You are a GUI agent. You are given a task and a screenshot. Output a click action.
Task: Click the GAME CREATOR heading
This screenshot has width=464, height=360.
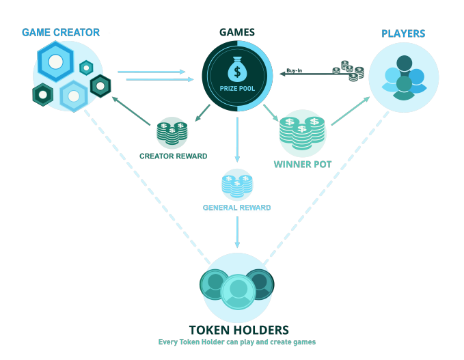coord(61,32)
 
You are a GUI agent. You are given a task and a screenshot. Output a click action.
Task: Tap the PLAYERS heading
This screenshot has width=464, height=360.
coord(403,33)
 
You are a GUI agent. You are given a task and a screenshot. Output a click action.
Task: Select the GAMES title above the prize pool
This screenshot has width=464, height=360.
coord(237,32)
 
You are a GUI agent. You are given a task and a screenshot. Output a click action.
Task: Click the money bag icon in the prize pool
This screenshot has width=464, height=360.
coord(237,70)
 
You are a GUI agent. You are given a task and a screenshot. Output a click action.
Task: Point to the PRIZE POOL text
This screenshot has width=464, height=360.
coord(237,88)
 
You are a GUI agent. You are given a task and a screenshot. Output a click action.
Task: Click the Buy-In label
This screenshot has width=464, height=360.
coord(294,70)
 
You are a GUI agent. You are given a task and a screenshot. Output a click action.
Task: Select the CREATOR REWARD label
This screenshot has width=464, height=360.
coord(174,156)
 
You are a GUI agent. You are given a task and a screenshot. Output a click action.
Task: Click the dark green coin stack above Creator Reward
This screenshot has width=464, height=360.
coord(172,133)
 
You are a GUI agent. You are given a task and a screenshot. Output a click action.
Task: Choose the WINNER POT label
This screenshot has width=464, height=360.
coord(303,165)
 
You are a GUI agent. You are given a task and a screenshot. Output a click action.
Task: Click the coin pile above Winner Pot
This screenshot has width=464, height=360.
coord(302,133)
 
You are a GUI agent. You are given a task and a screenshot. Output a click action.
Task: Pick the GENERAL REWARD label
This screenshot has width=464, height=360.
coord(236,208)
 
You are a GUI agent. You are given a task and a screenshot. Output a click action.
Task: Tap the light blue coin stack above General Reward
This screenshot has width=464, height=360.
coord(237,186)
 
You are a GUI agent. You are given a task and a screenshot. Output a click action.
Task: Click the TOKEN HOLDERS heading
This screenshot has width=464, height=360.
coord(238,330)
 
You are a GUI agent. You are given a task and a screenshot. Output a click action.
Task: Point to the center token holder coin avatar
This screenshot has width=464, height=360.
coord(238,292)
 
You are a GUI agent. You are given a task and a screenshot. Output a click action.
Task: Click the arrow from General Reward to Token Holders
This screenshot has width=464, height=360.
coord(237,232)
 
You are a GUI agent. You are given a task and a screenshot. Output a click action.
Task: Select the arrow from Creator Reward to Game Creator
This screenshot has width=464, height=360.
coord(131,111)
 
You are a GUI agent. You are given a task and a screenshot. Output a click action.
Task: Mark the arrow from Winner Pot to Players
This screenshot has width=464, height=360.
coord(351,111)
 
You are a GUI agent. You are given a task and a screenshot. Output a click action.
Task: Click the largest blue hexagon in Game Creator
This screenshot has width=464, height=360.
coord(55,61)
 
